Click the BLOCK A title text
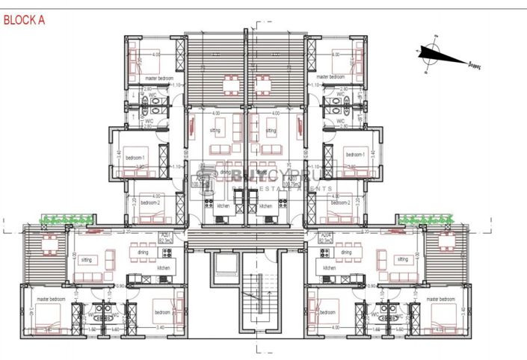24,21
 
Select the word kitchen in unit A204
329,267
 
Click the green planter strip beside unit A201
67,219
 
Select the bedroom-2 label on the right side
340,202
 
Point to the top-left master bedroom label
160,77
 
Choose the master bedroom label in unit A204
440,299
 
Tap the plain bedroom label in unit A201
162,311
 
